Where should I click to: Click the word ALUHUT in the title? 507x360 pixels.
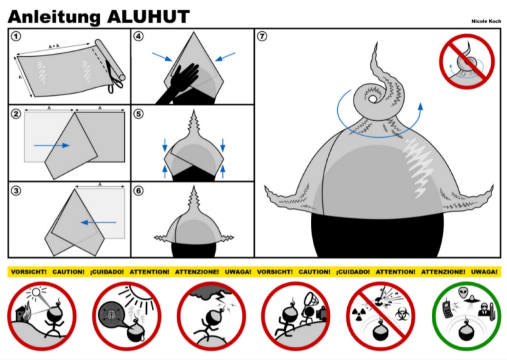point(148,17)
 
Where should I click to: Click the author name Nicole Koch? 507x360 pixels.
point(486,21)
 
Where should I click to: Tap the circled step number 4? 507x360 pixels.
point(138,36)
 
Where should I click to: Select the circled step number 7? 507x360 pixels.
point(262,36)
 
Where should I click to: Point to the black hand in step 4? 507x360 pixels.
point(179,85)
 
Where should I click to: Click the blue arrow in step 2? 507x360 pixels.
point(51,145)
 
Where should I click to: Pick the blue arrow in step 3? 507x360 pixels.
point(98,222)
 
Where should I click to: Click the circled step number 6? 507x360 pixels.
point(138,191)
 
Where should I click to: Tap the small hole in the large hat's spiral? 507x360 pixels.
point(372,99)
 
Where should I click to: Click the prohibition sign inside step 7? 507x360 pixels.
point(467,62)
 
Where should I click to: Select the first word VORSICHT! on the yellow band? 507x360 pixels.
point(29,272)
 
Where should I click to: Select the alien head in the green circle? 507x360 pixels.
point(463,292)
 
